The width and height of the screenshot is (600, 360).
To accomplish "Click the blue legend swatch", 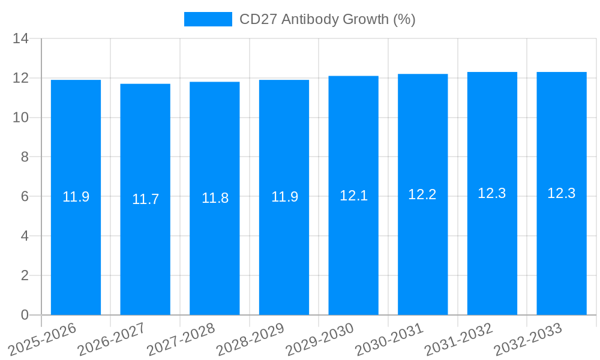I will (208, 19).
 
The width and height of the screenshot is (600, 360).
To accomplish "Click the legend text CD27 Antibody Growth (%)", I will (327, 19).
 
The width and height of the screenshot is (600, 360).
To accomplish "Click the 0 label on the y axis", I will (25, 315).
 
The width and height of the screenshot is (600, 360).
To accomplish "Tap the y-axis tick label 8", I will (25, 157).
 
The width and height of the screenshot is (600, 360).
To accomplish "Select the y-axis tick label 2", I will (25, 275).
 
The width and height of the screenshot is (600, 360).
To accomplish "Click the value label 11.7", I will (145, 199).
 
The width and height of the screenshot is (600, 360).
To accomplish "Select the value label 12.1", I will (353, 196).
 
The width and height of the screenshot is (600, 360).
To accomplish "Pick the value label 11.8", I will (215, 198).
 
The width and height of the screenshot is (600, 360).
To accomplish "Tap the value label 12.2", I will (422, 194).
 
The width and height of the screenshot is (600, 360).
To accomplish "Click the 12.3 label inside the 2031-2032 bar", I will (492, 193).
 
